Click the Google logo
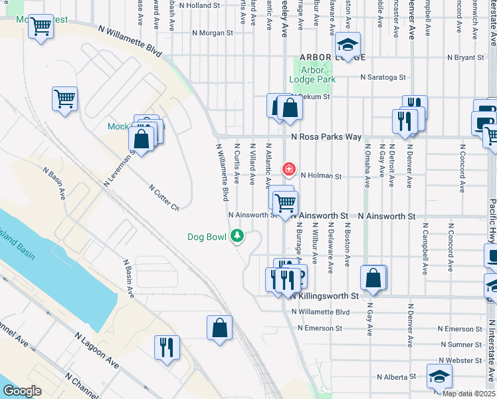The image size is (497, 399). pyautogui.click(x=23, y=391)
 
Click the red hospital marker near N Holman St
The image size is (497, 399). pyautogui.click(x=288, y=169)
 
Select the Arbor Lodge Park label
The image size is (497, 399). pyautogui.click(x=312, y=74)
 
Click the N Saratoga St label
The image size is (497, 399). pyautogui.click(x=383, y=77)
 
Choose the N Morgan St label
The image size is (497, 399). pyautogui.click(x=213, y=32)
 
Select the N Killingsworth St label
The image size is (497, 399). pyautogui.click(x=324, y=295)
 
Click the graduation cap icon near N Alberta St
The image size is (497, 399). pyautogui.click(x=439, y=377)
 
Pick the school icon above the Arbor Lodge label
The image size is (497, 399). pyautogui.click(x=347, y=44)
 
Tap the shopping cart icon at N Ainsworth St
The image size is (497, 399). pyautogui.click(x=285, y=203)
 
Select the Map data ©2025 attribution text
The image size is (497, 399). pyautogui.click(x=469, y=394)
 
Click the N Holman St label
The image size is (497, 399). pyautogui.click(x=321, y=176)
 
